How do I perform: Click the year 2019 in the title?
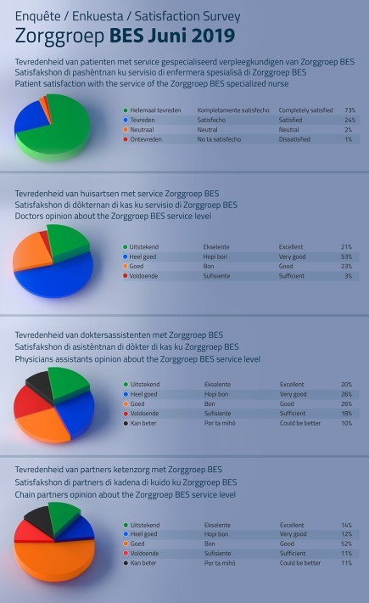point(212,36)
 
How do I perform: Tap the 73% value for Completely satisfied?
point(349,110)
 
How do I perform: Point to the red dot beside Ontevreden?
point(126,139)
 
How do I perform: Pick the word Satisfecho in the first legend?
point(211,120)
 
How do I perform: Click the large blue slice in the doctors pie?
point(53,278)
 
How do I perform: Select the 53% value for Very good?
point(346,256)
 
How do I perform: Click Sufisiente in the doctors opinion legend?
point(216,276)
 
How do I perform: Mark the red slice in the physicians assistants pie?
point(29,402)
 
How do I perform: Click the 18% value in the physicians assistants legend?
point(346,414)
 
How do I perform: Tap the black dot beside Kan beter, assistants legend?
point(126,423)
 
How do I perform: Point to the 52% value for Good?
point(346,544)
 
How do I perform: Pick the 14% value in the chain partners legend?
point(346,525)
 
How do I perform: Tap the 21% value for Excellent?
point(346,247)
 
